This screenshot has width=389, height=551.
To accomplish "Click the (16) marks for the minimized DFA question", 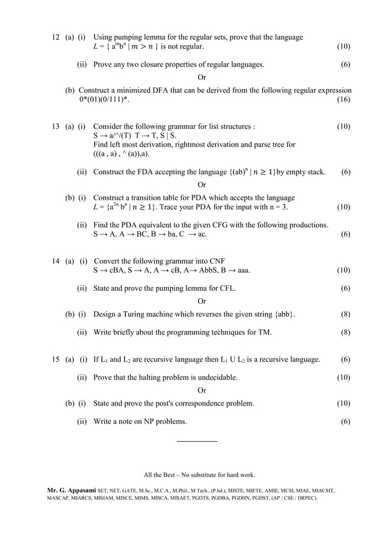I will click(343, 100).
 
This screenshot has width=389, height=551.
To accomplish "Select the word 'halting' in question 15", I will click(148, 378).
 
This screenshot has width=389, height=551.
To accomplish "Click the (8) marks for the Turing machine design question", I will click(345, 315).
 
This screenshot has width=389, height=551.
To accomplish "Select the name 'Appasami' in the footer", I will click(88, 490).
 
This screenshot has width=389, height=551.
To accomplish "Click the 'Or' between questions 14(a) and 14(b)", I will click(202, 301).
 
